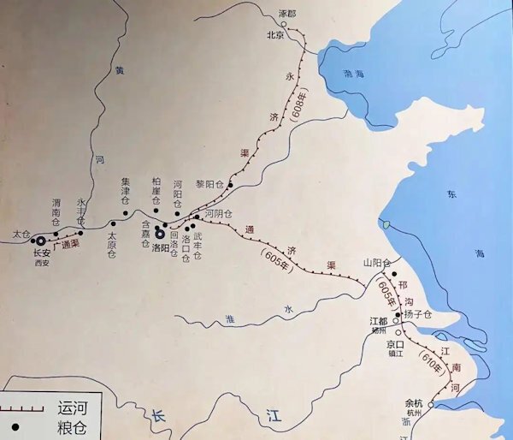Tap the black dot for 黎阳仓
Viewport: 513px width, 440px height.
(x=231, y=184)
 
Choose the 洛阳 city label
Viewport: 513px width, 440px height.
(x=162, y=247)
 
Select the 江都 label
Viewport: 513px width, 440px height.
(x=379, y=321)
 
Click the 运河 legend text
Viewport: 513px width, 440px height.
(x=70, y=408)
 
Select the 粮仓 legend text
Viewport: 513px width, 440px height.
(x=70, y=426)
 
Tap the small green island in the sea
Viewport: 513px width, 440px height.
(x=385, y=226)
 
